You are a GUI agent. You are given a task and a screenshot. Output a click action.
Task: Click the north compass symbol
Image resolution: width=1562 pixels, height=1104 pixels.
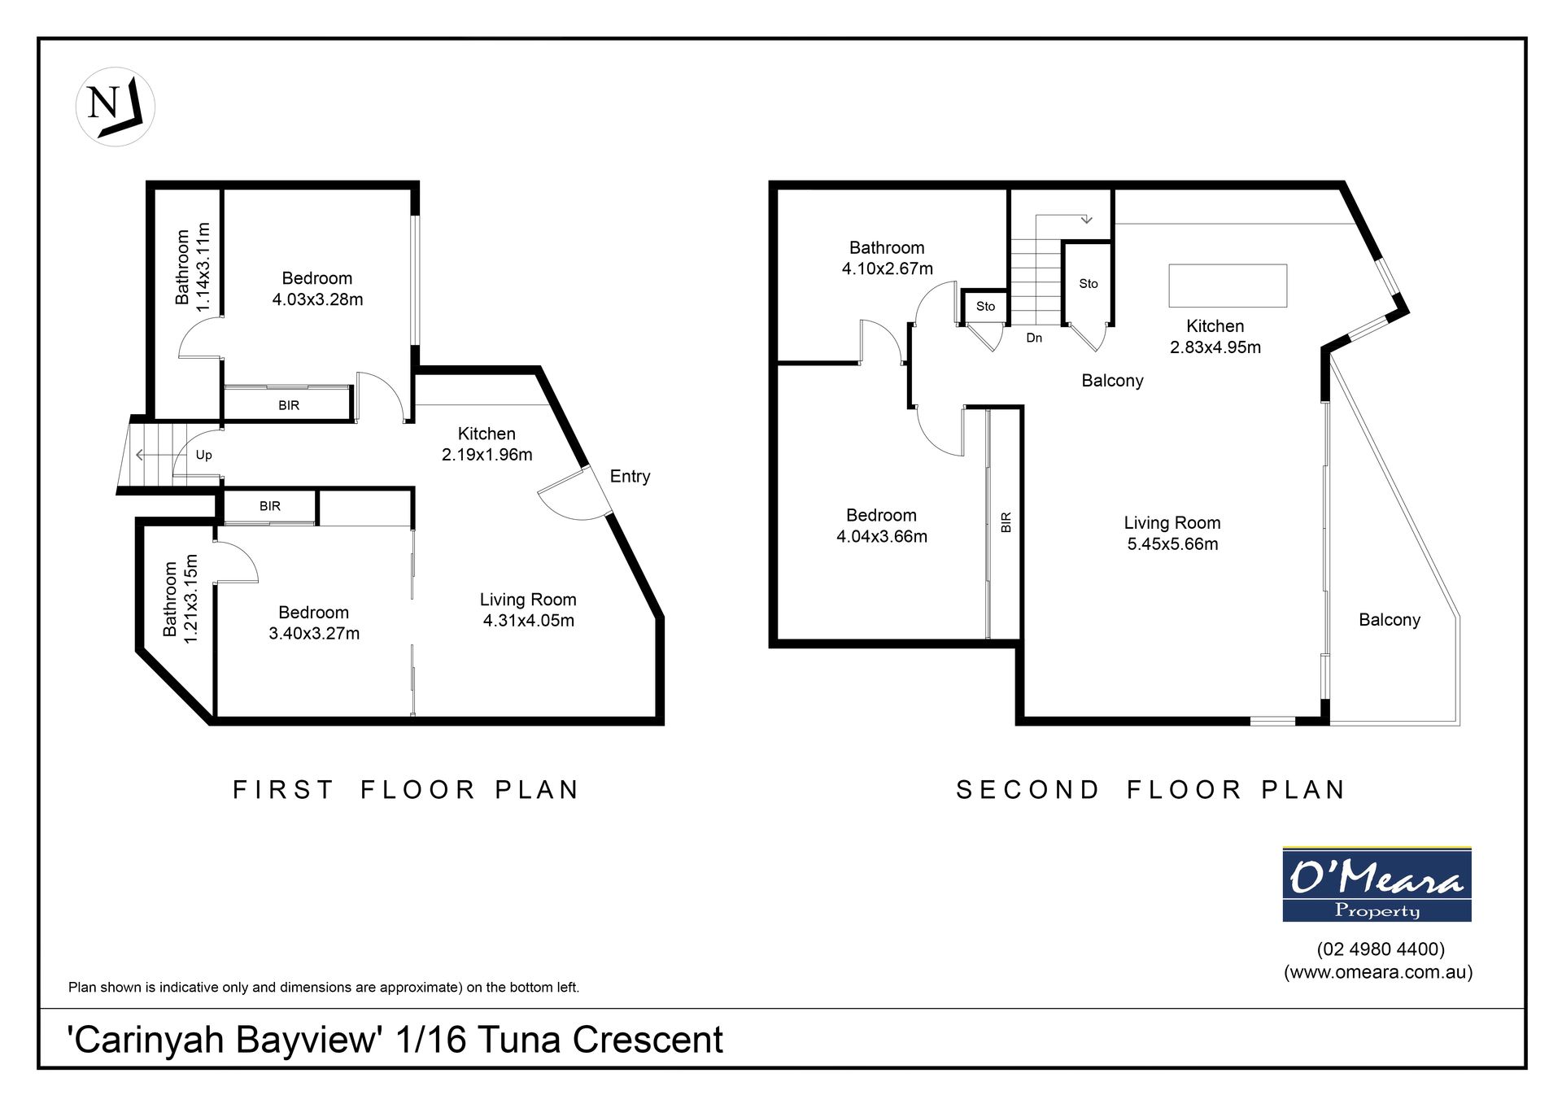[116, 107]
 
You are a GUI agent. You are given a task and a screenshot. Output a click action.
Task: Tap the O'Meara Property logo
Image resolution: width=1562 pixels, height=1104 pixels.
[1377, 884]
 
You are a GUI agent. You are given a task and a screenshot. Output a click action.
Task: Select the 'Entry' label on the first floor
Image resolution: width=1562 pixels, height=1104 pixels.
[630, 476]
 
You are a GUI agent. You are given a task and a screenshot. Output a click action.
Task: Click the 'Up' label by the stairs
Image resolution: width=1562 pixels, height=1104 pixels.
[203, 455]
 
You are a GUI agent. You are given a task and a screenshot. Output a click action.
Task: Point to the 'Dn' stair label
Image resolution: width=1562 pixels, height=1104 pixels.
[1034, 338]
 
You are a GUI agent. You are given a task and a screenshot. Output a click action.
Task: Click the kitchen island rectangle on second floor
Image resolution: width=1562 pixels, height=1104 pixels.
[1228, 286]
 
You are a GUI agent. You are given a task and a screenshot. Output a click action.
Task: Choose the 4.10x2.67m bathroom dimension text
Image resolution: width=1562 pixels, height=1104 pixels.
[887, 268]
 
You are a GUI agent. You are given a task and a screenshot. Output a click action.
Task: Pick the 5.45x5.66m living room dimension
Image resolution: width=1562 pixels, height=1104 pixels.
[1172, 543]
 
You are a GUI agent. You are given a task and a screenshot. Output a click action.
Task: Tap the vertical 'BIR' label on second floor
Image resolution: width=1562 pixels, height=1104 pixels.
[1006, 522]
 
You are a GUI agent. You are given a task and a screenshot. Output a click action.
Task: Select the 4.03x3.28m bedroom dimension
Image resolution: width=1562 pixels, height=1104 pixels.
[317, 299]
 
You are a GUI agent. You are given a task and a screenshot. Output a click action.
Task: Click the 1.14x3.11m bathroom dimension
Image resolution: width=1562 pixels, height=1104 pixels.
[203, 267]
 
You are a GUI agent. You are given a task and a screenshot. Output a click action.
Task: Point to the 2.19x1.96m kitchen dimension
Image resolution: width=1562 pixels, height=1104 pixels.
[486, 455]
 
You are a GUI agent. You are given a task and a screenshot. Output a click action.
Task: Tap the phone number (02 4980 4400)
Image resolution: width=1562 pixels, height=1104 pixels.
[1381, 949]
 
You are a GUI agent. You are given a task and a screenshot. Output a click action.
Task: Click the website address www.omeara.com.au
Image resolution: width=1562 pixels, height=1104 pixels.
[1378, 971]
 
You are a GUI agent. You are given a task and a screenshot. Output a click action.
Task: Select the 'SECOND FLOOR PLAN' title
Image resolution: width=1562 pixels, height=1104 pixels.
[1150, 789]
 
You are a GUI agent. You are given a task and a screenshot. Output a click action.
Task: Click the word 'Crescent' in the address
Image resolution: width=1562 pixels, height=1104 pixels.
[648, 1040]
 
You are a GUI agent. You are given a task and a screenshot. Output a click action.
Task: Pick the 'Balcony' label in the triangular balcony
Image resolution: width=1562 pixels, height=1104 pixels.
[1390, 620]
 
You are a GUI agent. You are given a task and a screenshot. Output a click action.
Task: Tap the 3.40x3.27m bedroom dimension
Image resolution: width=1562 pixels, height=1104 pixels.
[314, 633]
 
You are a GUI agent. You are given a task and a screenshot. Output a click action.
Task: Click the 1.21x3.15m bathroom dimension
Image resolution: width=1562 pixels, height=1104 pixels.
[190, 599]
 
